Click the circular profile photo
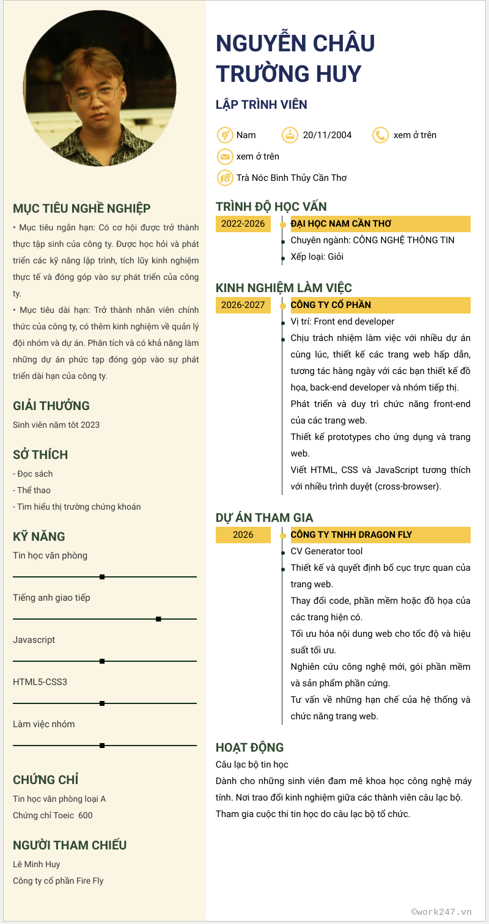[100, 88]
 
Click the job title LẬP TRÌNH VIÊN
[261, 105]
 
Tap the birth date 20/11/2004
[327, 135]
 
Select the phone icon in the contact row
[380, 135]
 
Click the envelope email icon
[225, 156]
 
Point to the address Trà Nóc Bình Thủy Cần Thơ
[292, 178]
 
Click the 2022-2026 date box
[243, 224]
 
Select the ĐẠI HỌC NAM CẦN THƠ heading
[341, 224]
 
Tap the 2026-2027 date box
[243, 305]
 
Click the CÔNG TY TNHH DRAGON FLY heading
[351, 535]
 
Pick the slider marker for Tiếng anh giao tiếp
[158, 619]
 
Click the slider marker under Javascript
[102, 661]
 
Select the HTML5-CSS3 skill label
[40, 682]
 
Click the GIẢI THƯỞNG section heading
[51, 406]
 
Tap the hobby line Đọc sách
[34, 474]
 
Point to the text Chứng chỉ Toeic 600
[53, 815]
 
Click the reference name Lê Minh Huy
[37, 864]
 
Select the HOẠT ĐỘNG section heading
[249, 747]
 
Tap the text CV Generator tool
[326, 551]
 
